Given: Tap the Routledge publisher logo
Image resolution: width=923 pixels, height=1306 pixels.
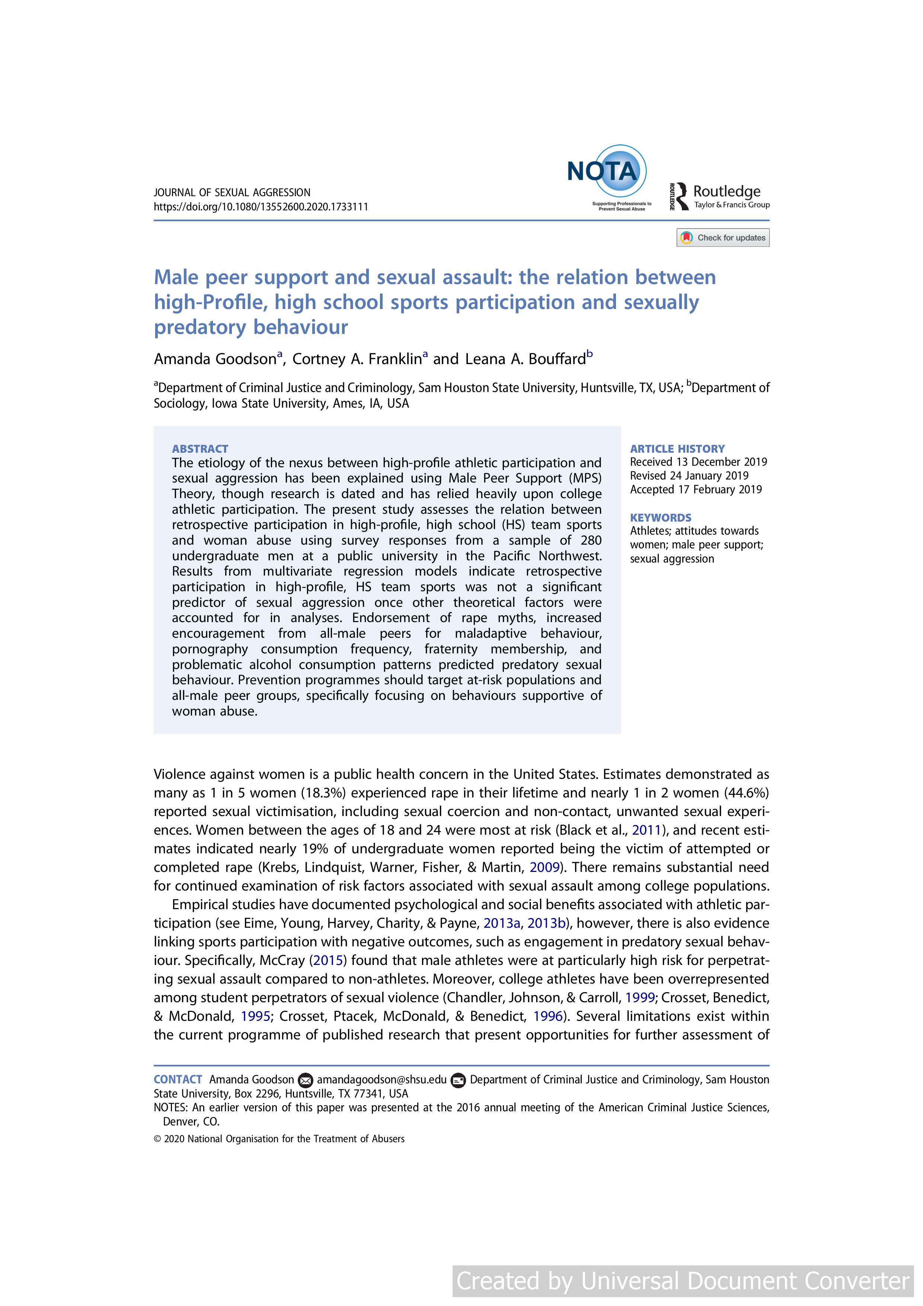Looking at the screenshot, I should tap(719, 196).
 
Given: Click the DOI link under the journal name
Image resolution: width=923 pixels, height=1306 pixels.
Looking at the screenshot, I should tap(261, 207).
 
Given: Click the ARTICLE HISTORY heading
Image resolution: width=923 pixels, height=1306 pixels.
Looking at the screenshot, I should tap(677, 449).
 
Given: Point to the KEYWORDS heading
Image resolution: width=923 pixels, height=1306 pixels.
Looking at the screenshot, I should tap(660, 517).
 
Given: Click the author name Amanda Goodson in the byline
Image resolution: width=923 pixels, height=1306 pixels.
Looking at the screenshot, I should tap(215, 360).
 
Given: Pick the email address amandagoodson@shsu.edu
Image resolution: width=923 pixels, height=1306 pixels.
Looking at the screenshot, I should tap(381, 1080).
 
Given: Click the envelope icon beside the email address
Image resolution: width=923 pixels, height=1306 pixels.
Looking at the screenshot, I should tap(306, 1080).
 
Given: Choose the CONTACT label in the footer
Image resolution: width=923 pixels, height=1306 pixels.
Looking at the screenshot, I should tap(178, 1080).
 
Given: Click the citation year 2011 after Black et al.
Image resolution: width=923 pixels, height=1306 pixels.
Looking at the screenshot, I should tap(646, 831).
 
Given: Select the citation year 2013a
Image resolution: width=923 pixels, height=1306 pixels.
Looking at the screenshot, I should tap(502, 923).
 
